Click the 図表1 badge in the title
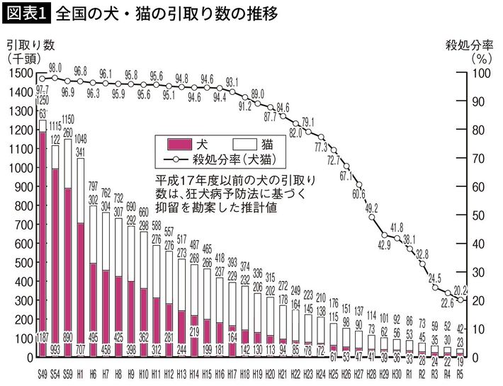point(25,12)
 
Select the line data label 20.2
point(460,288)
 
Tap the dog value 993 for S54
point(55,348)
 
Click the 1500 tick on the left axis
point(21,73)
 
